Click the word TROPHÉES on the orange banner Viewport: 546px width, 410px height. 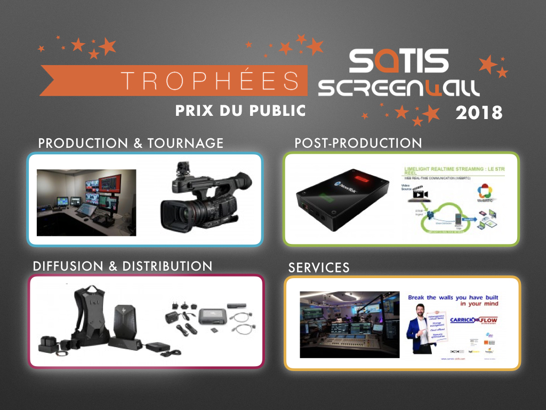210,80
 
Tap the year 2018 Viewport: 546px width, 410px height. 479,113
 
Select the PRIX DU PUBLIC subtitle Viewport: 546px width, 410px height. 240,111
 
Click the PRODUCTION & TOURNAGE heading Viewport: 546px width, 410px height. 131,143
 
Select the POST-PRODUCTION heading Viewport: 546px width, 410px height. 358,143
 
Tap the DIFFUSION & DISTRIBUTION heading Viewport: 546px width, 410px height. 123,266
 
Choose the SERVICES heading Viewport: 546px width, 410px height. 319,267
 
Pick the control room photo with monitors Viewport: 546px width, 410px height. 86,202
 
